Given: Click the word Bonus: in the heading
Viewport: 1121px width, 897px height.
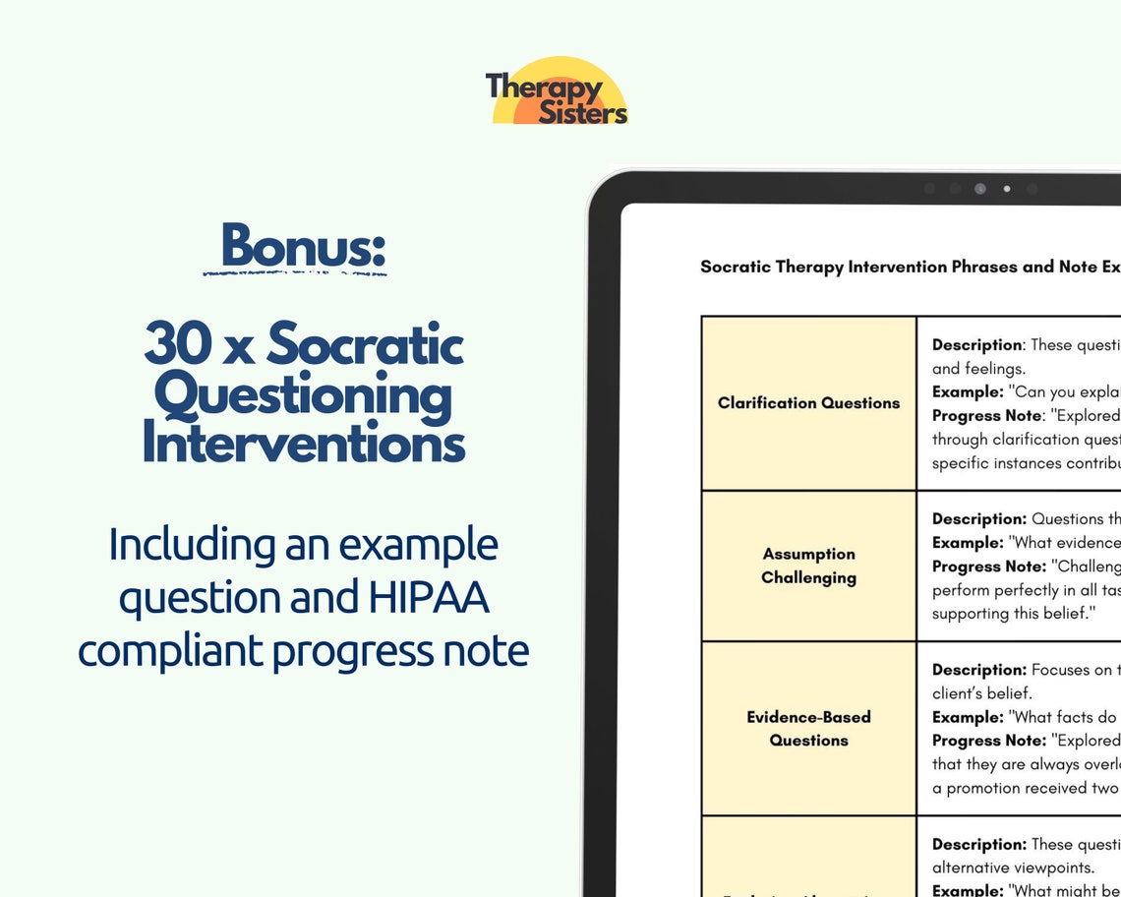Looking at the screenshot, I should (303, 246).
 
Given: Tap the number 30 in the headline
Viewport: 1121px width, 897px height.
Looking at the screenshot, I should (179, 344).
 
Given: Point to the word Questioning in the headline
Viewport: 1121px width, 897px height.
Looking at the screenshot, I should (303, 395).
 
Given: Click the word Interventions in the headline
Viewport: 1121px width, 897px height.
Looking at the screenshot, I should (303, 443).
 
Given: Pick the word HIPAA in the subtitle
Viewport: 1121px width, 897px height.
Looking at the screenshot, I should (434, 598).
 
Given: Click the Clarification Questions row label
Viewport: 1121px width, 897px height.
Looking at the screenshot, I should (808, 402).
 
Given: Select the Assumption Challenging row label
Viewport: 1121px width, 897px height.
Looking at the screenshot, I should (808, 566).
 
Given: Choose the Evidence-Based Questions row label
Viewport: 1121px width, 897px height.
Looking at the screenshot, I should (808, 729).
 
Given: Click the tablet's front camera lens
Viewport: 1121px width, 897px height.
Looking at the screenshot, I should (979, 189).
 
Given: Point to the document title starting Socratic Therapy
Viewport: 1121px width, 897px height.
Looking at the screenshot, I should (910, 267).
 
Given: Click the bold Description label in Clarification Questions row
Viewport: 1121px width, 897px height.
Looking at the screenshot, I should (976, 345).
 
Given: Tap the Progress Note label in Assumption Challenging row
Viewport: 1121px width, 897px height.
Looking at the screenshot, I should (988, 567).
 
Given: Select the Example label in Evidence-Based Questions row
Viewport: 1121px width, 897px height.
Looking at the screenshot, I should (968, 717).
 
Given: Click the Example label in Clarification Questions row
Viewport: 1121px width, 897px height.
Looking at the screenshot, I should (968, 392).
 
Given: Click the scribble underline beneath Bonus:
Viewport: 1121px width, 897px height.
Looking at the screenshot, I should (295, 272).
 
